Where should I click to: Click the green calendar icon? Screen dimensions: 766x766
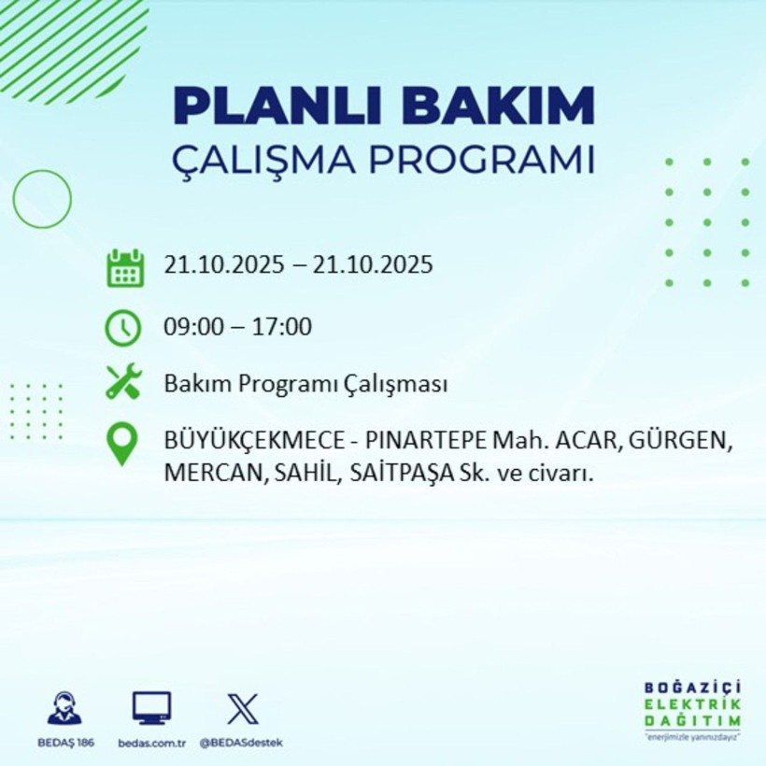tap(124, 267)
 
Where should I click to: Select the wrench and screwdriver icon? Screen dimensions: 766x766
tap(124, 383)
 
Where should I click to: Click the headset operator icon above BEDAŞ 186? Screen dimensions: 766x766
tap(64, 708)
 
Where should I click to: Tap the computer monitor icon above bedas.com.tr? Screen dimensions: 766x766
tap(151, 708)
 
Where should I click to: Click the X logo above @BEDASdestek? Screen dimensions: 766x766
tap(242, 708)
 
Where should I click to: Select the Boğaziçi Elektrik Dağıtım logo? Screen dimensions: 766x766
tap(692, 710)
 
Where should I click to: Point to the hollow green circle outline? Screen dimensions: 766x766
tap(42, 199)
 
